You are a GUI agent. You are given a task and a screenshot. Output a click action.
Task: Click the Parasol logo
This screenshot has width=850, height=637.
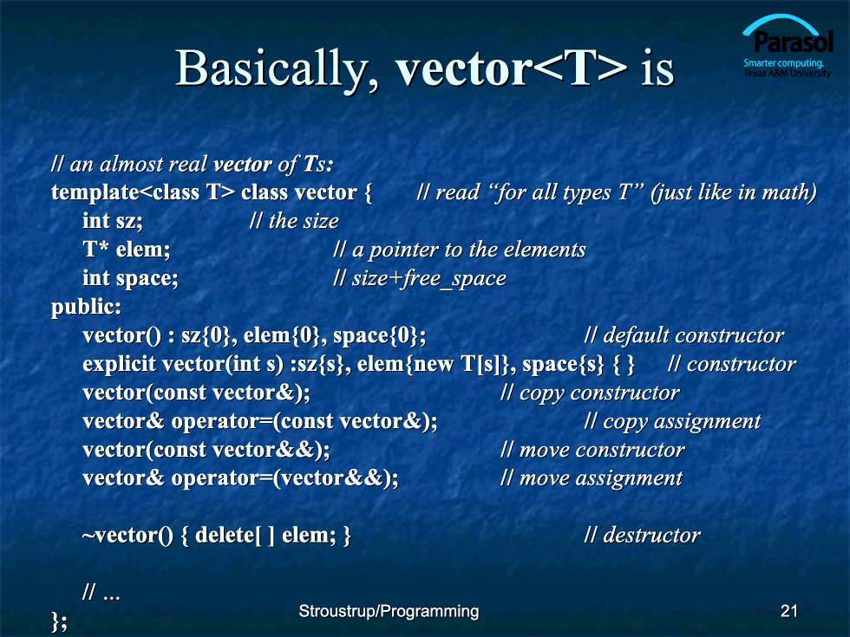pyautogui.click(x=788, y=46)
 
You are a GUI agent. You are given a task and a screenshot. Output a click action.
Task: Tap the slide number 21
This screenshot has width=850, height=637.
pyautogui.click(x=788, y=611)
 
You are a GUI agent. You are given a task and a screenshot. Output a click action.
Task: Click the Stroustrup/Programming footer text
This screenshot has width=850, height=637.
pyautogui.click(x=389, y=612)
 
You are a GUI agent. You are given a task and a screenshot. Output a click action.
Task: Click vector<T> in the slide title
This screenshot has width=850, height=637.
pyautogui.click(x=511, y=68)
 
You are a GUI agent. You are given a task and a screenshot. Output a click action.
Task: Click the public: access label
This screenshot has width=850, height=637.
pyautogui.click(x=86, y=308)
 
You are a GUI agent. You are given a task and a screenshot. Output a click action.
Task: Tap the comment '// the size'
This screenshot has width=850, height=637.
pyautogui.click(x=294, y=221)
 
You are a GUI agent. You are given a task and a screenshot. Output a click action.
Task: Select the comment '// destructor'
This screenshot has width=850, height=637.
pyautogui.click(x=643, y=536)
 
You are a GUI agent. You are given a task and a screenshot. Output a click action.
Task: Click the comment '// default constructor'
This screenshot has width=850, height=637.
pyautogui.click(x=684, y=336)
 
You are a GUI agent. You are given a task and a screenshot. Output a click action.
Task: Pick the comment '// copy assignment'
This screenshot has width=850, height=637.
pyautogui.click(x=673, y=422)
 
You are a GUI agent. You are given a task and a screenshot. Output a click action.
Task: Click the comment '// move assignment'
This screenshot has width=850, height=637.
pyautogui.click(x=592, y=478)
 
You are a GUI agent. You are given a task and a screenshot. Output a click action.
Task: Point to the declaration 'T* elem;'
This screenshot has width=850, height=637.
pyautogui.click(x=127, y=250)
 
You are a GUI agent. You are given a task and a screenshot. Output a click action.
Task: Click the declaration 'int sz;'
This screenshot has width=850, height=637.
pyautogui.click(x=113, y=222)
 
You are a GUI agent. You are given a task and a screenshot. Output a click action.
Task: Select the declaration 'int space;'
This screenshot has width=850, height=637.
pyautogui.click(x=130, y=278)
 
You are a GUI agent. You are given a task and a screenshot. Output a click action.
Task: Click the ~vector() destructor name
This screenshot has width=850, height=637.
pyautogui.click(x=127, y=536)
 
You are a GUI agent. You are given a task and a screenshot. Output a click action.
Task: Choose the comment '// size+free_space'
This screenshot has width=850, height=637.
pyautogui.click(x=420, y=278)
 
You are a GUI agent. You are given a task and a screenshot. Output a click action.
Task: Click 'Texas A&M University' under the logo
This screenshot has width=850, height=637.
pyautogui.click(x=788, y=73)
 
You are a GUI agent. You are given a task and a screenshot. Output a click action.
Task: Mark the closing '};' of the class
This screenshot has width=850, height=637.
pyautogui.click(x=59, y=621)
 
